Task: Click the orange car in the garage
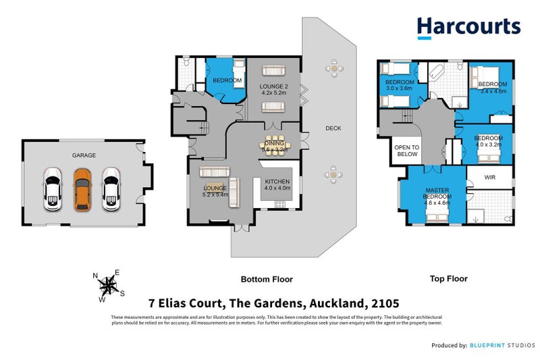tap(82, 189)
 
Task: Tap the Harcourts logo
tap(468, 27)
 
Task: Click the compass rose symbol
tap(108, 284)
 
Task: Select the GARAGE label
tap(84, 155)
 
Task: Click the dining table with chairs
tap(273, 145)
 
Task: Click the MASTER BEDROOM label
tap(437, 194)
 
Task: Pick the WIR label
tap(490, 178)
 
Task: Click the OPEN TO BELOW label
tap(406, 151)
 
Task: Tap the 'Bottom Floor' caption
tap(267, 279)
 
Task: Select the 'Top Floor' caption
tap(448, 278)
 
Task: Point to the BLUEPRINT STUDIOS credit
tap(501, 345)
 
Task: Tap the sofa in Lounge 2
tap(273, 70)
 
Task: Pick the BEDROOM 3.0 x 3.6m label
tap(398, 86)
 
